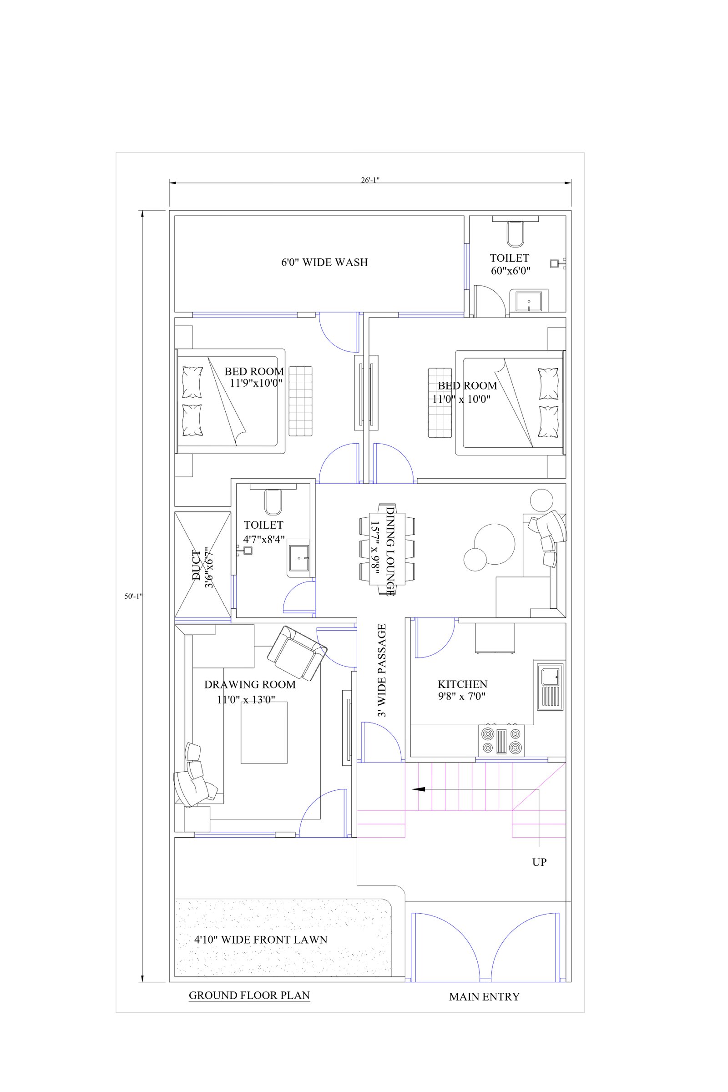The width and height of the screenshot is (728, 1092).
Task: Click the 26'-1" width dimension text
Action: tap(370, 180)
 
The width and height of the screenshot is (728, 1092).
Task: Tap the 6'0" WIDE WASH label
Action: tap(324, 263)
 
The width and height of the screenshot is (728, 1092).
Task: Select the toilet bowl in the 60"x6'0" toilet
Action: tap(515, 234)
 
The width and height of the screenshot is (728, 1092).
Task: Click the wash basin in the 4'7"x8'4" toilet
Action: tap(298, 558)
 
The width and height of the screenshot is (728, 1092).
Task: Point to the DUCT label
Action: tap(197, 565)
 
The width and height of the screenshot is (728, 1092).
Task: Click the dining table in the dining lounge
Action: tap(387, 549)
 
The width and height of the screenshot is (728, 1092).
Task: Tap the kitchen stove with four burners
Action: tap(501, 741)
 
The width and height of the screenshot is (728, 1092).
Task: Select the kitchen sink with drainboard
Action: tap(550, 687)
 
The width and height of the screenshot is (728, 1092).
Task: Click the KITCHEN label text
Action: tap(462, 684)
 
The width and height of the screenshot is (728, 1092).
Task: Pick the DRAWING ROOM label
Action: tap(250, 684)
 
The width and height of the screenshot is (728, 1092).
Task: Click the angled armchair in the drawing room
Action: tap(297, 652)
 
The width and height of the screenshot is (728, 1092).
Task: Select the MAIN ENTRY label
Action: tap(484, 996)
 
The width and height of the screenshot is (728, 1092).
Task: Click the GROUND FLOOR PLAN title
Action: tap(249, 995)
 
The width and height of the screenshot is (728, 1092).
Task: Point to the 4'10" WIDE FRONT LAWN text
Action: tap(261, 939)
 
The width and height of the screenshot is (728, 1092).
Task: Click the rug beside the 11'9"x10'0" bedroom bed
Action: tap(300, 401)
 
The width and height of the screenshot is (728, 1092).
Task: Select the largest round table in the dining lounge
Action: tap(495, 544)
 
